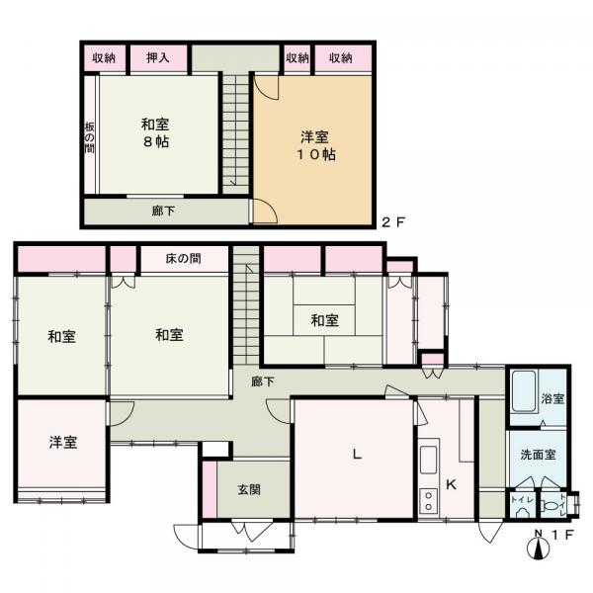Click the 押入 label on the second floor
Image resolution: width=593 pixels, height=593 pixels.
[157, 57]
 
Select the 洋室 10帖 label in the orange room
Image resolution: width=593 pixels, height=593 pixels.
[312, 146]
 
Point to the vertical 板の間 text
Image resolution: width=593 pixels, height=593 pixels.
[89, 134]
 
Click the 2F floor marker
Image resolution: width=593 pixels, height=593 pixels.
[393, 223]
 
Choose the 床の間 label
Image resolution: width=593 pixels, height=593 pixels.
[183, 259]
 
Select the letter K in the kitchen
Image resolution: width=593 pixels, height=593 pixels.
[450, 484]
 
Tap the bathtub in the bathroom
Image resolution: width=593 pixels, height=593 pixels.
[523, 392]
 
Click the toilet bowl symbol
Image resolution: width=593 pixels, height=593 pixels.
[549, 503]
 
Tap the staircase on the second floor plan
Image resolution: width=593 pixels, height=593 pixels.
[233, 128]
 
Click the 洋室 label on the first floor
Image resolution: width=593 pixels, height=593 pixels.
[61, 442]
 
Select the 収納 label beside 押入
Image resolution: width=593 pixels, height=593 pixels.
[105, 57]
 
